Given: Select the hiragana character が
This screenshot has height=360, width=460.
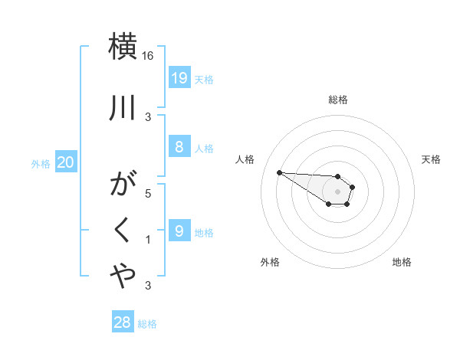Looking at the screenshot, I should coord(124,186).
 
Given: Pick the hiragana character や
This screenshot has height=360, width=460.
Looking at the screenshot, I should coord(124,275).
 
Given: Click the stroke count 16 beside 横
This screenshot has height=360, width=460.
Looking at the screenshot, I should coord(148,57).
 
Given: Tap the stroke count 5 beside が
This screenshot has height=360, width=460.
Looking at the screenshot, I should coord(148,195).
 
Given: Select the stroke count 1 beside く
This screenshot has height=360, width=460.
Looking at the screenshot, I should coord(148,241).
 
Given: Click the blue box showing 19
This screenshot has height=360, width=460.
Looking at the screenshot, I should coord(179,78).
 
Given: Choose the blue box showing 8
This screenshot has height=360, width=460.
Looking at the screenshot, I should coord(179,147).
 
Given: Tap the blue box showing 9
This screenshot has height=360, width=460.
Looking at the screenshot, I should coord(179,231).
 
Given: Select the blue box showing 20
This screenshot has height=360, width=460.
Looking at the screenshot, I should coord(65,162).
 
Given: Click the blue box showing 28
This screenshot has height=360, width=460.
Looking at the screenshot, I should coord(122,322).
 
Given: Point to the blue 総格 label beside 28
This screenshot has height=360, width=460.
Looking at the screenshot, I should coord(147,324).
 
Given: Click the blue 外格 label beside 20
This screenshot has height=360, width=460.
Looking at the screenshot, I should coord(41,163).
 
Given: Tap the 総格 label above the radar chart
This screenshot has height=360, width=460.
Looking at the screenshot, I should coord(338,100).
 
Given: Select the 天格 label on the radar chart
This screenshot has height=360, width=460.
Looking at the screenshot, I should coord(432,159).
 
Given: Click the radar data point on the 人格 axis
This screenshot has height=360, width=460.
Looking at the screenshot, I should coord(279,172).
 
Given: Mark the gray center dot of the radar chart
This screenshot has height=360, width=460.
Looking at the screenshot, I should coord(337,191).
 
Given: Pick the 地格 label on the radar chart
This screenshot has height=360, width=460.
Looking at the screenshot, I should coord(402,262).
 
